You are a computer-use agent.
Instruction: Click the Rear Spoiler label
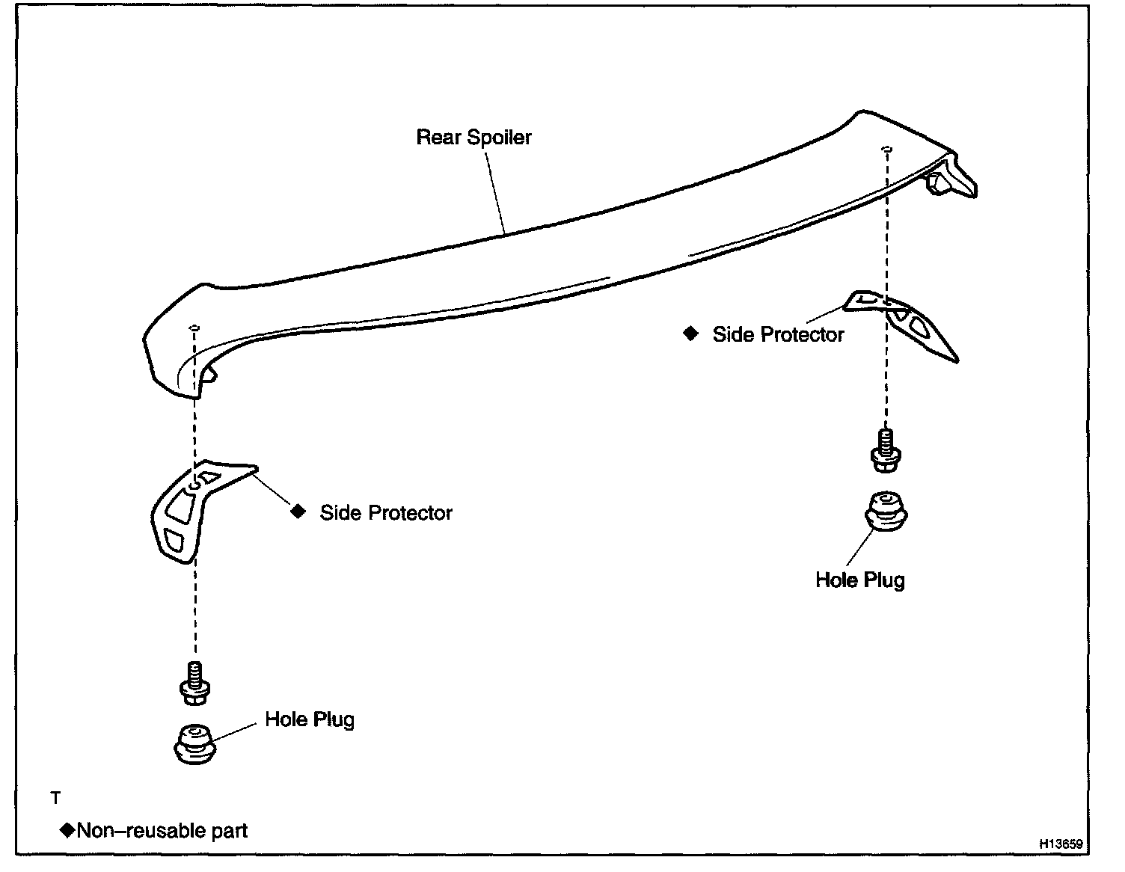click(x=473, y=138)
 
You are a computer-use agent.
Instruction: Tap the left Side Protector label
click(x=386, y=513)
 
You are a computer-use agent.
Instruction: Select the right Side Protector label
click(x=778, y=334)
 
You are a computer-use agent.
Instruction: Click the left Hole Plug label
click(x=310, y=719)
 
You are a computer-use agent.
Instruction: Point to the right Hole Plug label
click(x=859, y=580)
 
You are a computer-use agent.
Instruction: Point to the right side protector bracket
click(x=909, y=322)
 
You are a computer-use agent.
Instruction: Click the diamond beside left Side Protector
click(x=298, y=512)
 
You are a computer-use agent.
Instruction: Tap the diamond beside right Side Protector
click(x=690, y=334)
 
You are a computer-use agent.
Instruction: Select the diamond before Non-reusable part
click(x=67, y=829)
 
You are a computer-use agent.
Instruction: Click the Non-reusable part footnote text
click(x=162, y=830)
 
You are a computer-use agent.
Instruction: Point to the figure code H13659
click(x=1060, y=843)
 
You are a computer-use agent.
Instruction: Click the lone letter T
click(x=55, y=799)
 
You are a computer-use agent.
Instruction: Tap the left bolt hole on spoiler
click(x=194, y=328)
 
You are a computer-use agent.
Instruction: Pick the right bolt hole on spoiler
click(x=886, y=149)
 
